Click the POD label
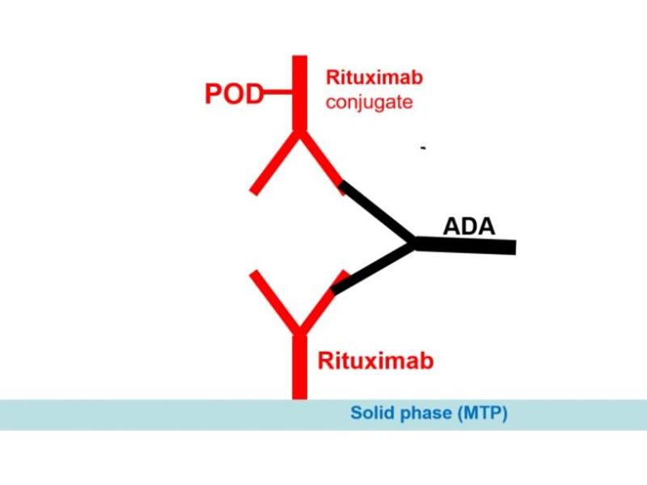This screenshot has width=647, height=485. (234, 94)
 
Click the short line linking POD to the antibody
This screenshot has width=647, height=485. (279, 94)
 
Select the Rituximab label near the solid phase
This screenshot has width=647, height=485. (375, 360)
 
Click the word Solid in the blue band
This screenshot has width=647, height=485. (369, 414)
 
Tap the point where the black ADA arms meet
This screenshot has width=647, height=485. (413, 242)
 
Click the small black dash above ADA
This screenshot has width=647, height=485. (422, 149)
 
